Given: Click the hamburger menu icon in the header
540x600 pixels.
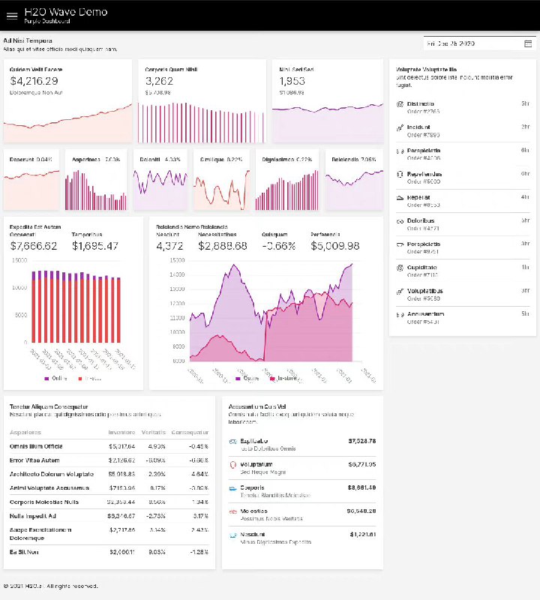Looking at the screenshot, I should pyautogui.click(x=11, y=15).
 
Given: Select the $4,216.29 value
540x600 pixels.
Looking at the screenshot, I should pyautogui.click(x=34, y=81).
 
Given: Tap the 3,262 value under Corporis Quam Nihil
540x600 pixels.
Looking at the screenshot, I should pyautogui.click(x=159, y=81).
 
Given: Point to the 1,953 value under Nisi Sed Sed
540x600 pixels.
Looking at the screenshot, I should pyautogui.click(x=292, y=81).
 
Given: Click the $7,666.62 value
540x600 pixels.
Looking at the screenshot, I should pyautogui.click(x=34, y=246).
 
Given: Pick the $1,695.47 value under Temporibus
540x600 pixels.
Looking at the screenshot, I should pyautogui.click(x=95, y=246).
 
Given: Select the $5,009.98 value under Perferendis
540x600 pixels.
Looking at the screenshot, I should pyautogui.click(x=335, y=246).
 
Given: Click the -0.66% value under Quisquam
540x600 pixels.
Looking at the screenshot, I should pyautogui.click(x=278, y=246).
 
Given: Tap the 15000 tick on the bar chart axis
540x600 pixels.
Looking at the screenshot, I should pyautogui.click(x=20, y=260).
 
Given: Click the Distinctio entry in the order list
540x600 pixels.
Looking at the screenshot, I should pyautogui.click(x=421, y=103).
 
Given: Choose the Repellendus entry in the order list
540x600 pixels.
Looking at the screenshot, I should pyautogui.click(x=424, y=174).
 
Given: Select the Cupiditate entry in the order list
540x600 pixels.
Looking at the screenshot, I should pyautogui.click(x=423, y=268).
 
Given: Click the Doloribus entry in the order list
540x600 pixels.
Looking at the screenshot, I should pyautogui.click(x=422, y=221).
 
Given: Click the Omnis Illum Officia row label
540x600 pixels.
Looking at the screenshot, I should pyautogui.click(x=37, y=446).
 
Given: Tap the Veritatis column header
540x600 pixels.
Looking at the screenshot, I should pyautogui.click(x=154, y=432).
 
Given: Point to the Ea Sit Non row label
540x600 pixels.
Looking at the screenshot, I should pyautogui.click(x=24, y=552).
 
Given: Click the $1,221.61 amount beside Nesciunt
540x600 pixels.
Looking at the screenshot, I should pyautogui.click(x=362, y=534).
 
